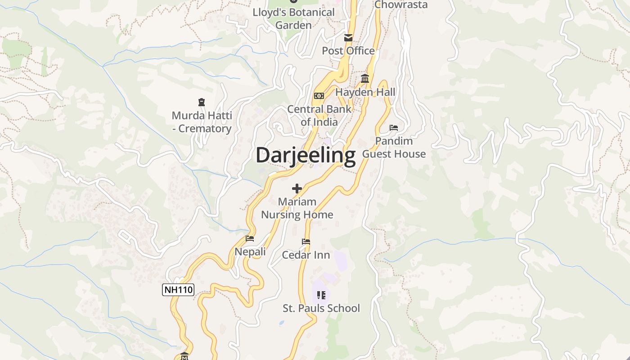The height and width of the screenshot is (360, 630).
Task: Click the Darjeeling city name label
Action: coord(306,155)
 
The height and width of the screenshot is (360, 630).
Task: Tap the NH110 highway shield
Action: coord(178,290)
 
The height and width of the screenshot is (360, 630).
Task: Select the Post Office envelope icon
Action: coord(348,38)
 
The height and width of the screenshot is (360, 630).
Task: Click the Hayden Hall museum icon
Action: coord(365,79)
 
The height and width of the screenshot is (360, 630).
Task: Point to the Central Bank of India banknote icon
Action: coord(319,96)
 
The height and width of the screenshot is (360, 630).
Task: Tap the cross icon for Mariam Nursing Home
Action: coord(297,188)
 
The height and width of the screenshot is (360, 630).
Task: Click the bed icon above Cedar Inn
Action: coord(306,242)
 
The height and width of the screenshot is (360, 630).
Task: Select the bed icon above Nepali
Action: coord(250,238)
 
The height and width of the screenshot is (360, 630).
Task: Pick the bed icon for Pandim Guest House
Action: coord(394,128)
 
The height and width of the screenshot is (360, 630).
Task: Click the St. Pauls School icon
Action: coord(321,295)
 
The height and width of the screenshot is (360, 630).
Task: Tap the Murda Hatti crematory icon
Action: coord(201,103)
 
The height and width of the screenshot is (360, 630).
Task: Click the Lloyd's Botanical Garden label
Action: coord(293,18)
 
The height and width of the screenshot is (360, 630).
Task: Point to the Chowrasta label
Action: coord(401,5)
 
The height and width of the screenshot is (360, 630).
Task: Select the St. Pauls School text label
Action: coord(321,308)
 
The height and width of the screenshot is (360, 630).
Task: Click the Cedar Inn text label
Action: coord(306,255)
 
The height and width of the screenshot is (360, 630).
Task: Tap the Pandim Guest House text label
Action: coord(394,148)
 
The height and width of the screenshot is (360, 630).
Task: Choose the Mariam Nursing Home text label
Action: coord(297,208)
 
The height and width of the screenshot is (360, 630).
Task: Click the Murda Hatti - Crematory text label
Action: coord(202,122)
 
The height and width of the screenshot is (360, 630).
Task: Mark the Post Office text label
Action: coord(348,51)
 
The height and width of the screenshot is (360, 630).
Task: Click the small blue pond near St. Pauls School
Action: coord(281,323)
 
